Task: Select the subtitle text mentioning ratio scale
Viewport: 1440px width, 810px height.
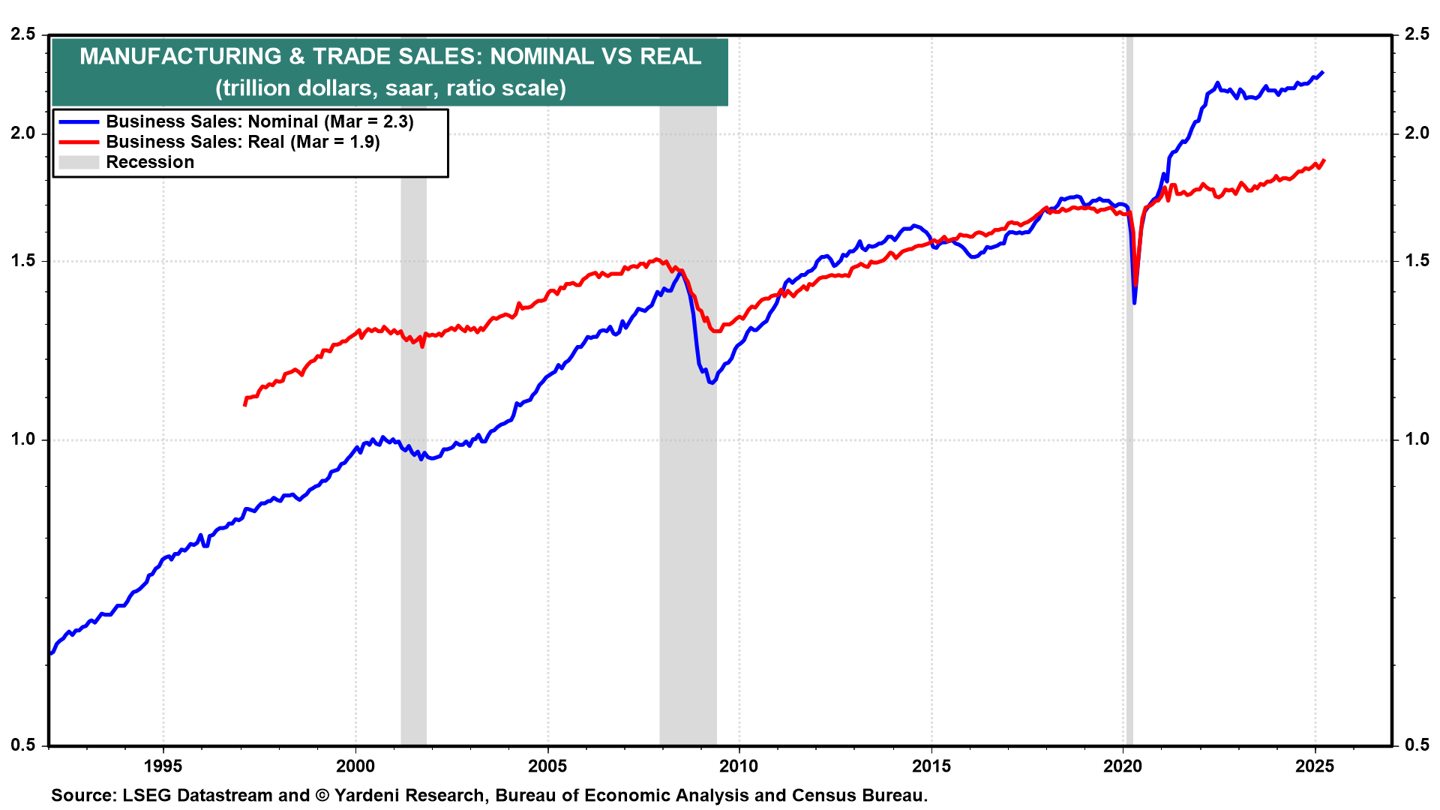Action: [390, 88]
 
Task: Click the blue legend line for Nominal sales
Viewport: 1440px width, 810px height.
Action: [79, 121]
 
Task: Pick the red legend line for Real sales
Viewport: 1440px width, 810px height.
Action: [79, 142]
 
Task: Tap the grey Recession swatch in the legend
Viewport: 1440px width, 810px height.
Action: [79, 162]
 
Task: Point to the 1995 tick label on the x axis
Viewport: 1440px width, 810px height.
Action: [163, 766]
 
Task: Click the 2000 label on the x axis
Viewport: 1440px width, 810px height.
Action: [355, 766]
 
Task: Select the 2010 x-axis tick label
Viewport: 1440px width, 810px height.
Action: [739, 766]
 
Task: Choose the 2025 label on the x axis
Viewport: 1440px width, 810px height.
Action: [1315, 766]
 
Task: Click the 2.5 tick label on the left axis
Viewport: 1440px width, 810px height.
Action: [22, 34]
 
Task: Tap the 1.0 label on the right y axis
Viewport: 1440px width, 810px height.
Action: [1417, 439]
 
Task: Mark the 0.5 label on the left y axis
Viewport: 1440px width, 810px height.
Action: [22, 745]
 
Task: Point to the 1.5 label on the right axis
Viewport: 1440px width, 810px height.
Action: [1417, 261]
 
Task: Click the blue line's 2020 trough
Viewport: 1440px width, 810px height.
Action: [1134, 302]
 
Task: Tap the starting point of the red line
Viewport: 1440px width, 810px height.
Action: [244, 405]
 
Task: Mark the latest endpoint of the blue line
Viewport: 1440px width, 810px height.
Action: [1322, 72]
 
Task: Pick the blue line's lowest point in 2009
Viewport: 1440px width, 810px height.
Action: [711, 382]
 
